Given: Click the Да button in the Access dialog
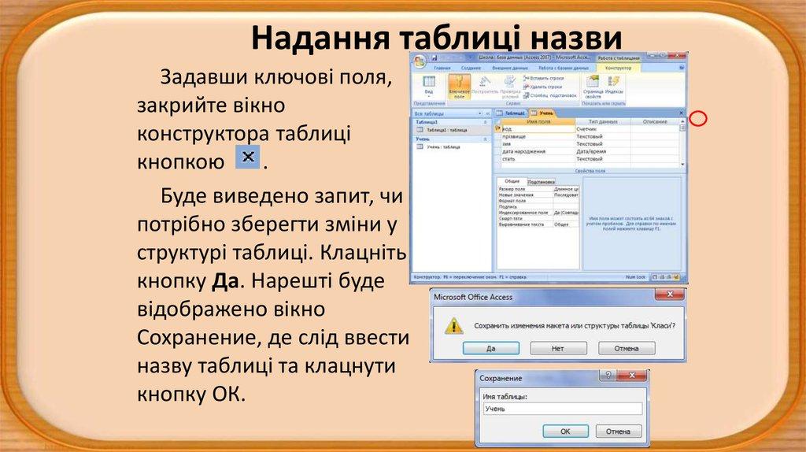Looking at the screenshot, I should point(490,347).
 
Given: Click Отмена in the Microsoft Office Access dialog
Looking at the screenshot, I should point(627,347).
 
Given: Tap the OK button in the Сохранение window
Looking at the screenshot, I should point(564,431).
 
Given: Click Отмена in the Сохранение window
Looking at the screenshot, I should point(618,431).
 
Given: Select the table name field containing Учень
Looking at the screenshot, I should point(561,409).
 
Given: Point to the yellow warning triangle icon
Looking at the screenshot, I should point(452,325).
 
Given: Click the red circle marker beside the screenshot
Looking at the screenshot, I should point(698,120).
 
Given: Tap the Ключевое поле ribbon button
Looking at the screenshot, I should point(458,87).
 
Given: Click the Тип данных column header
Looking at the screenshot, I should point(597,121).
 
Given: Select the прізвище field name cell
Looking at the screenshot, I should point(517,136).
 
